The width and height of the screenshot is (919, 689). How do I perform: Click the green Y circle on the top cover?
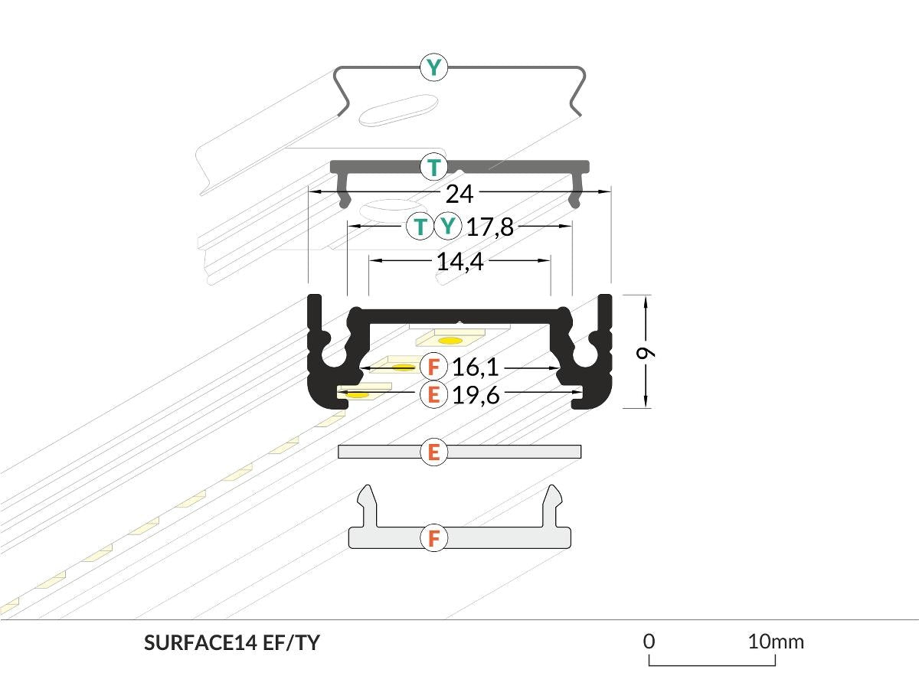point(434,67)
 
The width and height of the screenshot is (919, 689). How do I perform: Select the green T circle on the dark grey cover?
point(434,166)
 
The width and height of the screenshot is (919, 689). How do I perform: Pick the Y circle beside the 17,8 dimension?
point(448,226)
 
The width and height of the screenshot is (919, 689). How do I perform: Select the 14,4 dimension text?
point(459,262)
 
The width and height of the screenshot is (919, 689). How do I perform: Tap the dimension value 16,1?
point(475,368)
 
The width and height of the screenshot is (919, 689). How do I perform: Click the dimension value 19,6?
point(475,395)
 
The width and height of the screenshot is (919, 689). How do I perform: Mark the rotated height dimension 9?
point(647,352)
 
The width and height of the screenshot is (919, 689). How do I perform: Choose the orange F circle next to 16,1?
point(434,367)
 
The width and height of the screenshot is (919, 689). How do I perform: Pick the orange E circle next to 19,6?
point(434,395)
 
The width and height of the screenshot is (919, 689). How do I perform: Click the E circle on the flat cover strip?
point(434,452)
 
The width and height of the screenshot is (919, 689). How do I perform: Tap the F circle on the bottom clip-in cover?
point(434,538)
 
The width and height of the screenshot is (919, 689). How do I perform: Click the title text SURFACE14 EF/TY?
point(231,643)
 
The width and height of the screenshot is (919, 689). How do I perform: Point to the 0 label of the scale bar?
point(649,641)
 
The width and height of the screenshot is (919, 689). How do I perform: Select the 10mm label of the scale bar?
point(776,641)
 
